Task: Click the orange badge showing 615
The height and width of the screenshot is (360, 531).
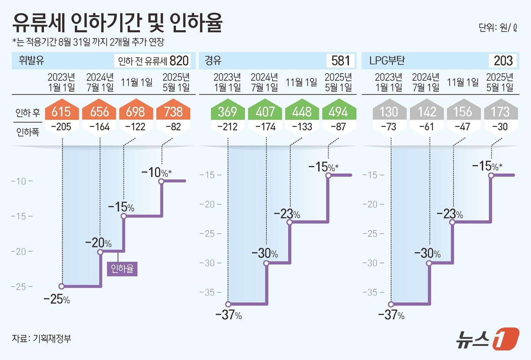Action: [61, 112]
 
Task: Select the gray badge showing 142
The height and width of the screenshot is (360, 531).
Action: [427, 112]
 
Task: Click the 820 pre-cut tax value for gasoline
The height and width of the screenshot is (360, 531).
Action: [179, 61]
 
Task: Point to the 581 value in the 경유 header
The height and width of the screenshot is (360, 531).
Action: [341, 61]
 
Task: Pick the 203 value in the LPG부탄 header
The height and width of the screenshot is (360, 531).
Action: [503, 61]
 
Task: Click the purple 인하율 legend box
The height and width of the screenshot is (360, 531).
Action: [122, 269]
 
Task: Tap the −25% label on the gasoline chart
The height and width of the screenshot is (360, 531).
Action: [57, 299]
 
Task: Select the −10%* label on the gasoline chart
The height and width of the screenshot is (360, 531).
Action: [156, 173]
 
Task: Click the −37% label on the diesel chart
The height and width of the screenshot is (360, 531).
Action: [228, 315]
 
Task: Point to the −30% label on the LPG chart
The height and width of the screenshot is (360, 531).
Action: [427, 253]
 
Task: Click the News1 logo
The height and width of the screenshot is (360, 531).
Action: [487, 338]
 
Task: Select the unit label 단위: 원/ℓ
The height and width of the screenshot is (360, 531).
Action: [498, 28]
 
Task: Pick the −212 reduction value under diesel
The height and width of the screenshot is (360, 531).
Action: [227, 127]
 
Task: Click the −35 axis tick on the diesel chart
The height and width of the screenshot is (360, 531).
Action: [210, 292]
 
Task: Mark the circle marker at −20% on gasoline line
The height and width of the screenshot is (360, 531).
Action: [100, 251]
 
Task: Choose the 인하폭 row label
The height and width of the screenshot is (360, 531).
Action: [27, 132]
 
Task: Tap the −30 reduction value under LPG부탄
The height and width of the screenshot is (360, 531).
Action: [500, 127]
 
